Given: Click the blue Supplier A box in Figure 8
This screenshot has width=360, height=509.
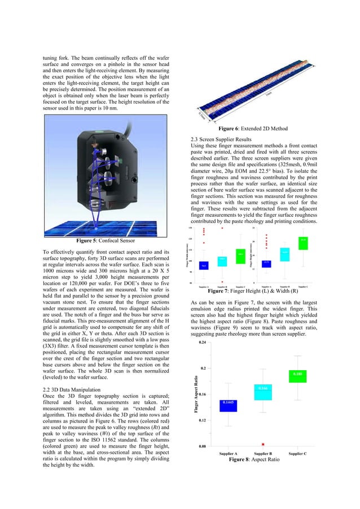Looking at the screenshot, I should (228, 403).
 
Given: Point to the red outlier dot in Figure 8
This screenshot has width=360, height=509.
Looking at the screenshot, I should (263, 444).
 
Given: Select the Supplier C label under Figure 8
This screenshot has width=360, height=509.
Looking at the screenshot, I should (297, 453).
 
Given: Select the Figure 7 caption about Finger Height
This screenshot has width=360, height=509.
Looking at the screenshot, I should (253, 292).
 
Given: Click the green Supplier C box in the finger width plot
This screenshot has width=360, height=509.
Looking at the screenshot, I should (240, 257).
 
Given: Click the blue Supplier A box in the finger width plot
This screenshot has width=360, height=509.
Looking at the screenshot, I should (204, 265).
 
